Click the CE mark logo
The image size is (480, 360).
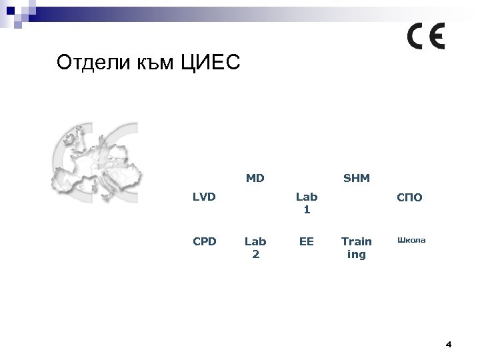coord(426,37)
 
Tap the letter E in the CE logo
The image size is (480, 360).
coord(437,37)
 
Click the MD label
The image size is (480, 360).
coord(255,178)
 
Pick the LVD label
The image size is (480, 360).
coord(204,198)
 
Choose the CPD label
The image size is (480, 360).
coord(204,241)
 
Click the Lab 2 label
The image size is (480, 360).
coord(255,247)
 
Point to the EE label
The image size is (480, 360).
coord(307,241)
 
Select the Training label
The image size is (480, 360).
coord(357,247)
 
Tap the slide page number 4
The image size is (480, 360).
coord(448,345)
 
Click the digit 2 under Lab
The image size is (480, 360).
coord(255,253)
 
